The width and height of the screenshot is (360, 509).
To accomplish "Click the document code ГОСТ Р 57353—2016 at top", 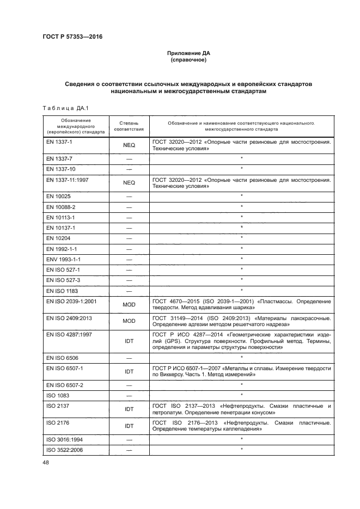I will pos(72,37).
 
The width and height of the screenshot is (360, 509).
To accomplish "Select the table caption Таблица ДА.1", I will pos(62,107).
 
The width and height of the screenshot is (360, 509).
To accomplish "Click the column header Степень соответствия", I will pos(129,126).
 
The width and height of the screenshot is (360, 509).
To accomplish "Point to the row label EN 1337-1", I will pos(59,142).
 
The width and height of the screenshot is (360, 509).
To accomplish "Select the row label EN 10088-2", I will pos(61,207).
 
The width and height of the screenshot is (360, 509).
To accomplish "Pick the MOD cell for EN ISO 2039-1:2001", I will pos(129,305).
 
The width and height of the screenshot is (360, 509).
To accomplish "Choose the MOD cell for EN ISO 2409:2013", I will pos(129,321).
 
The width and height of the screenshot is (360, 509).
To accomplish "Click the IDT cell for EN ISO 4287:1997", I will pos(129,341).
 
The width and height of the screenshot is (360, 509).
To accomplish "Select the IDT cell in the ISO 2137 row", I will pos(129,409).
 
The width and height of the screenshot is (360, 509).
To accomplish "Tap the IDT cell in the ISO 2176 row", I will pos(129,426).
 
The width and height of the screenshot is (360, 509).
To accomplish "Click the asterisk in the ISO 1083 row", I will pos(241,395).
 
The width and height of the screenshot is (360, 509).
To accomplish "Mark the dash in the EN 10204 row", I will pos(129,238).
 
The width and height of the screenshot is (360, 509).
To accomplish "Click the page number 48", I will pos(46,463).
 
